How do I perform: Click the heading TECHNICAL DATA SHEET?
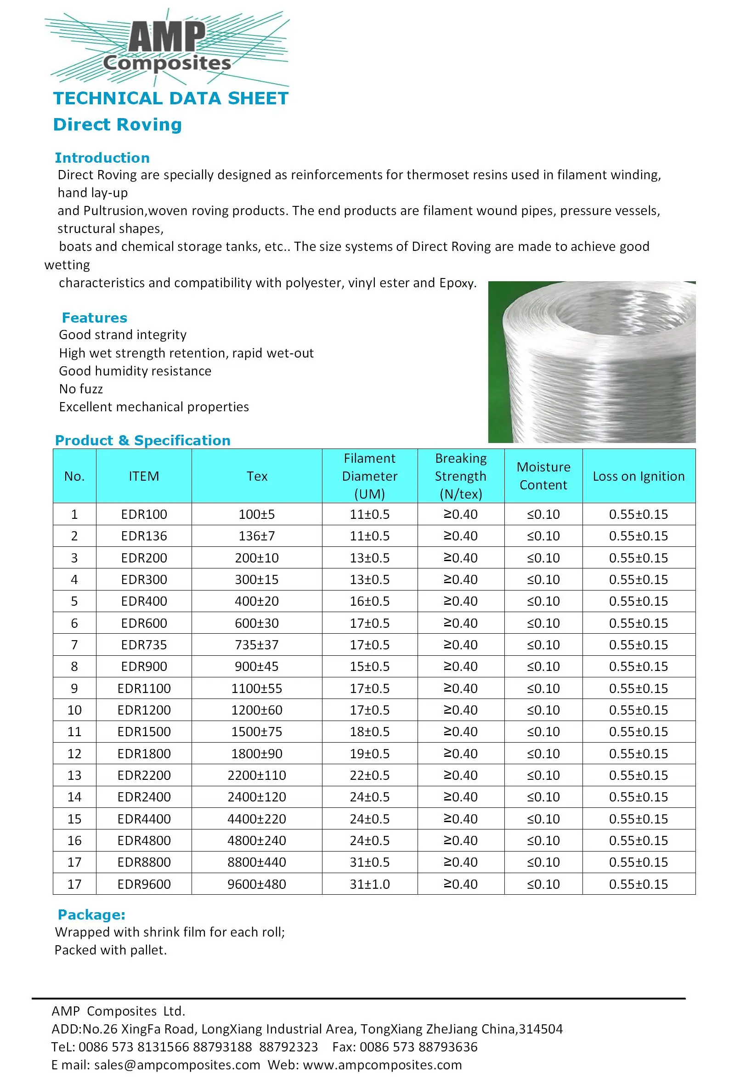coord(171,98)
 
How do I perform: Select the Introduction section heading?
coord(102,158)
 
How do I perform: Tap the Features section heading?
coord(94,318)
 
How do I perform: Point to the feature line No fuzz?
coord(81,389)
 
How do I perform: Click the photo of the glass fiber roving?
coord(592,362)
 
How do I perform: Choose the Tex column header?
coord(257,476)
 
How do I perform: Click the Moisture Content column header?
coord(543,476)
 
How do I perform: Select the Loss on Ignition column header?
coord(639,476)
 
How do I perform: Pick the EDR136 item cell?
coord(144,536)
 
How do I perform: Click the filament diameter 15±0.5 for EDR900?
coord(369,666)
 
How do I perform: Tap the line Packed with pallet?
coord(110,950)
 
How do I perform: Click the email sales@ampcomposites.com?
coord(177,1065)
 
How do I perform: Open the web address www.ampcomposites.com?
coord(382,1065)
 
